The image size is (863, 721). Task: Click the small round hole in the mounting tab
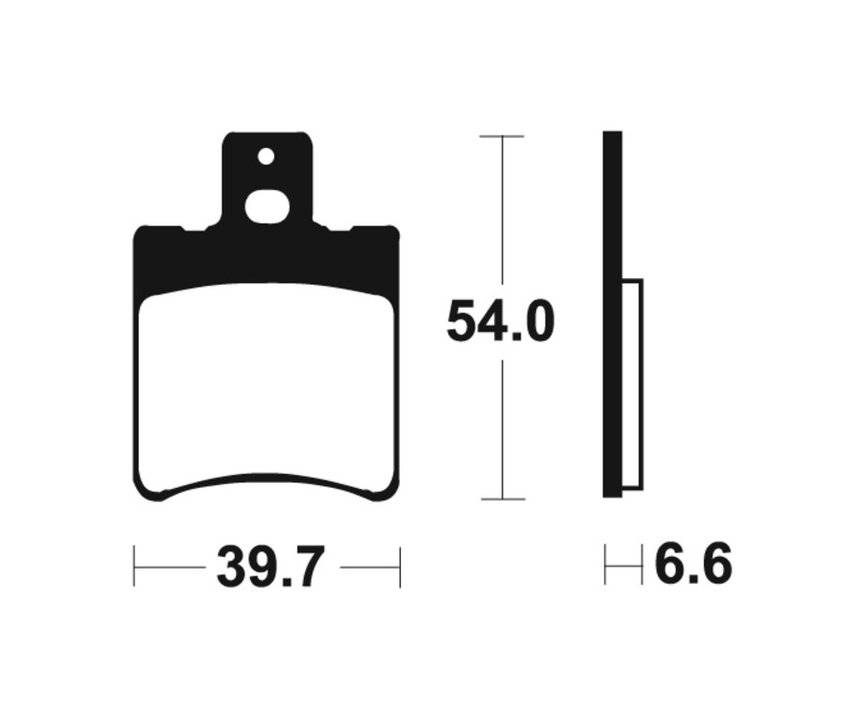(x=266, y=156)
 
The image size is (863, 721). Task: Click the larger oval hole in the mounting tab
(x=268, y=207)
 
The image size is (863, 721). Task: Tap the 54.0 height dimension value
(x=501, y=322)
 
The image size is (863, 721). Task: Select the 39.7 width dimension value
(x=271, y=568)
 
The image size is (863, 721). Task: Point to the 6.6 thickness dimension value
(x=692, y=565)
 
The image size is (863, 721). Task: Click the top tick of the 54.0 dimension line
(x=501, y=137)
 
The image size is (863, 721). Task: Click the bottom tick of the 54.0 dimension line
(x=501, y=499)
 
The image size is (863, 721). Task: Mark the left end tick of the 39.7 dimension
(x=134, y=567)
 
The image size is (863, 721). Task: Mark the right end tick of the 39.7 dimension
(x=400, y=567)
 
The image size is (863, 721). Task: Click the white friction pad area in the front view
(x=267, y=384)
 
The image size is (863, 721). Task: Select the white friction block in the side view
(x=632, y=384)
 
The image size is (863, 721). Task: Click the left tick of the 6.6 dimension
(x=605, y=565)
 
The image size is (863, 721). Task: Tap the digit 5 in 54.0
(x=462, y=322)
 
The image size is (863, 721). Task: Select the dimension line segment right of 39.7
(x=369, y=567)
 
